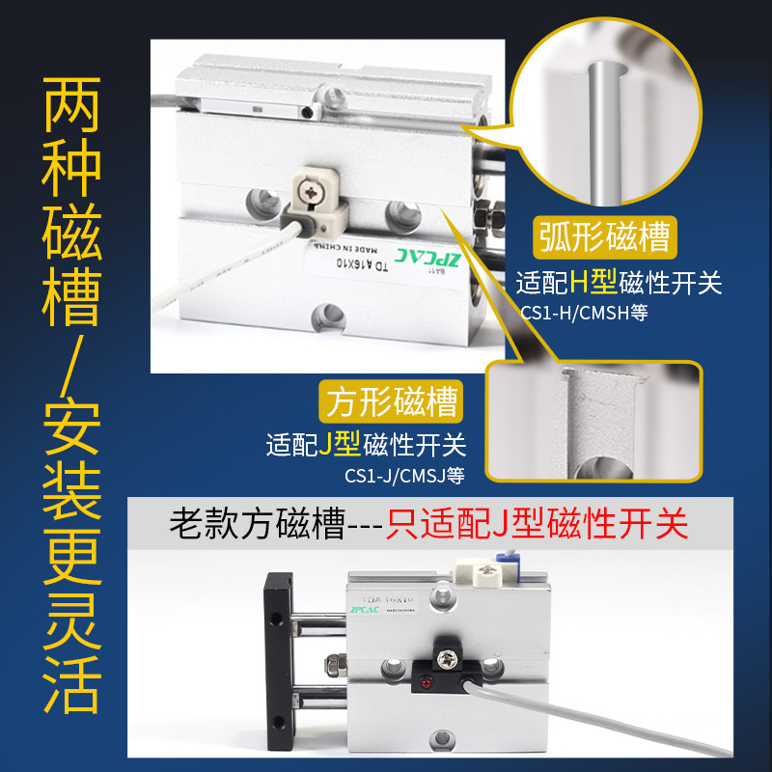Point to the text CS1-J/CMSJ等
click(x=404, y=475)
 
